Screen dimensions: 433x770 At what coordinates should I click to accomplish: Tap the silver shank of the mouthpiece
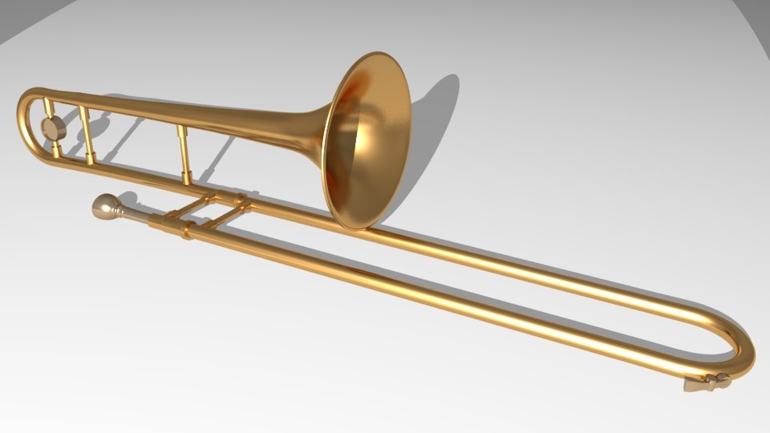(x=133, y=214)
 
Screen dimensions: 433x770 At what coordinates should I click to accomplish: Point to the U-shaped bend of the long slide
(x=743, y=345)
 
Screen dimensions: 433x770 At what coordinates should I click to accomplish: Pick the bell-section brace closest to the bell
(x=184, y=152)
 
